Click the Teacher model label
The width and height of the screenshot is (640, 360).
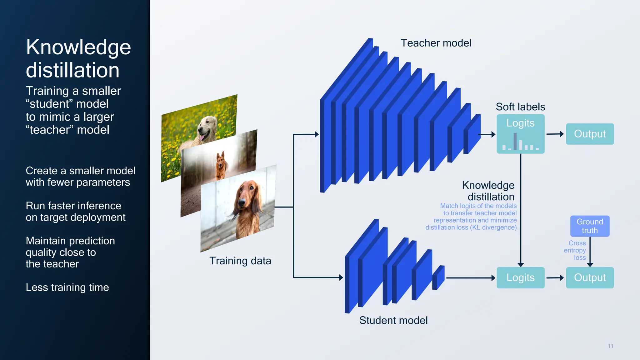click(x=436, y=43)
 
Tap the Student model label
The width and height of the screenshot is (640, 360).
click(x=393, y=320)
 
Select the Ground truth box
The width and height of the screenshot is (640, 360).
click(x=590, y=226)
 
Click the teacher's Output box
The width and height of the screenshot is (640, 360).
click(x=590, y=134)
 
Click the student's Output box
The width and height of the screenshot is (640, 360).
click(x=590, y=277)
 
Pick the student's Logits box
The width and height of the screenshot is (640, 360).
click(x=520, y=277)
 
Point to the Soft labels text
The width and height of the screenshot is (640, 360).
click(x=520, y=107)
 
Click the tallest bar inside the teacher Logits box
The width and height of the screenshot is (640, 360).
click(x=515, y=141)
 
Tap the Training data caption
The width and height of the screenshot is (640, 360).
click(x=240, y=261)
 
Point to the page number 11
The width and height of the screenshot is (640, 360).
click(x=610, y=346)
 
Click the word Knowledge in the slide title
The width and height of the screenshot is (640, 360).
click(x=78, y=47)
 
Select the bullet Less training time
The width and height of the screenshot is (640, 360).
click(x=67, y=287)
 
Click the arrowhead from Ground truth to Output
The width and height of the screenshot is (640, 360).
click(x=590, y=264)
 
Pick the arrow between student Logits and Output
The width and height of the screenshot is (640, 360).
click(x=555, y=277)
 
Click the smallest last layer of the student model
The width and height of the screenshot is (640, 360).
click(x=438, y=277)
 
